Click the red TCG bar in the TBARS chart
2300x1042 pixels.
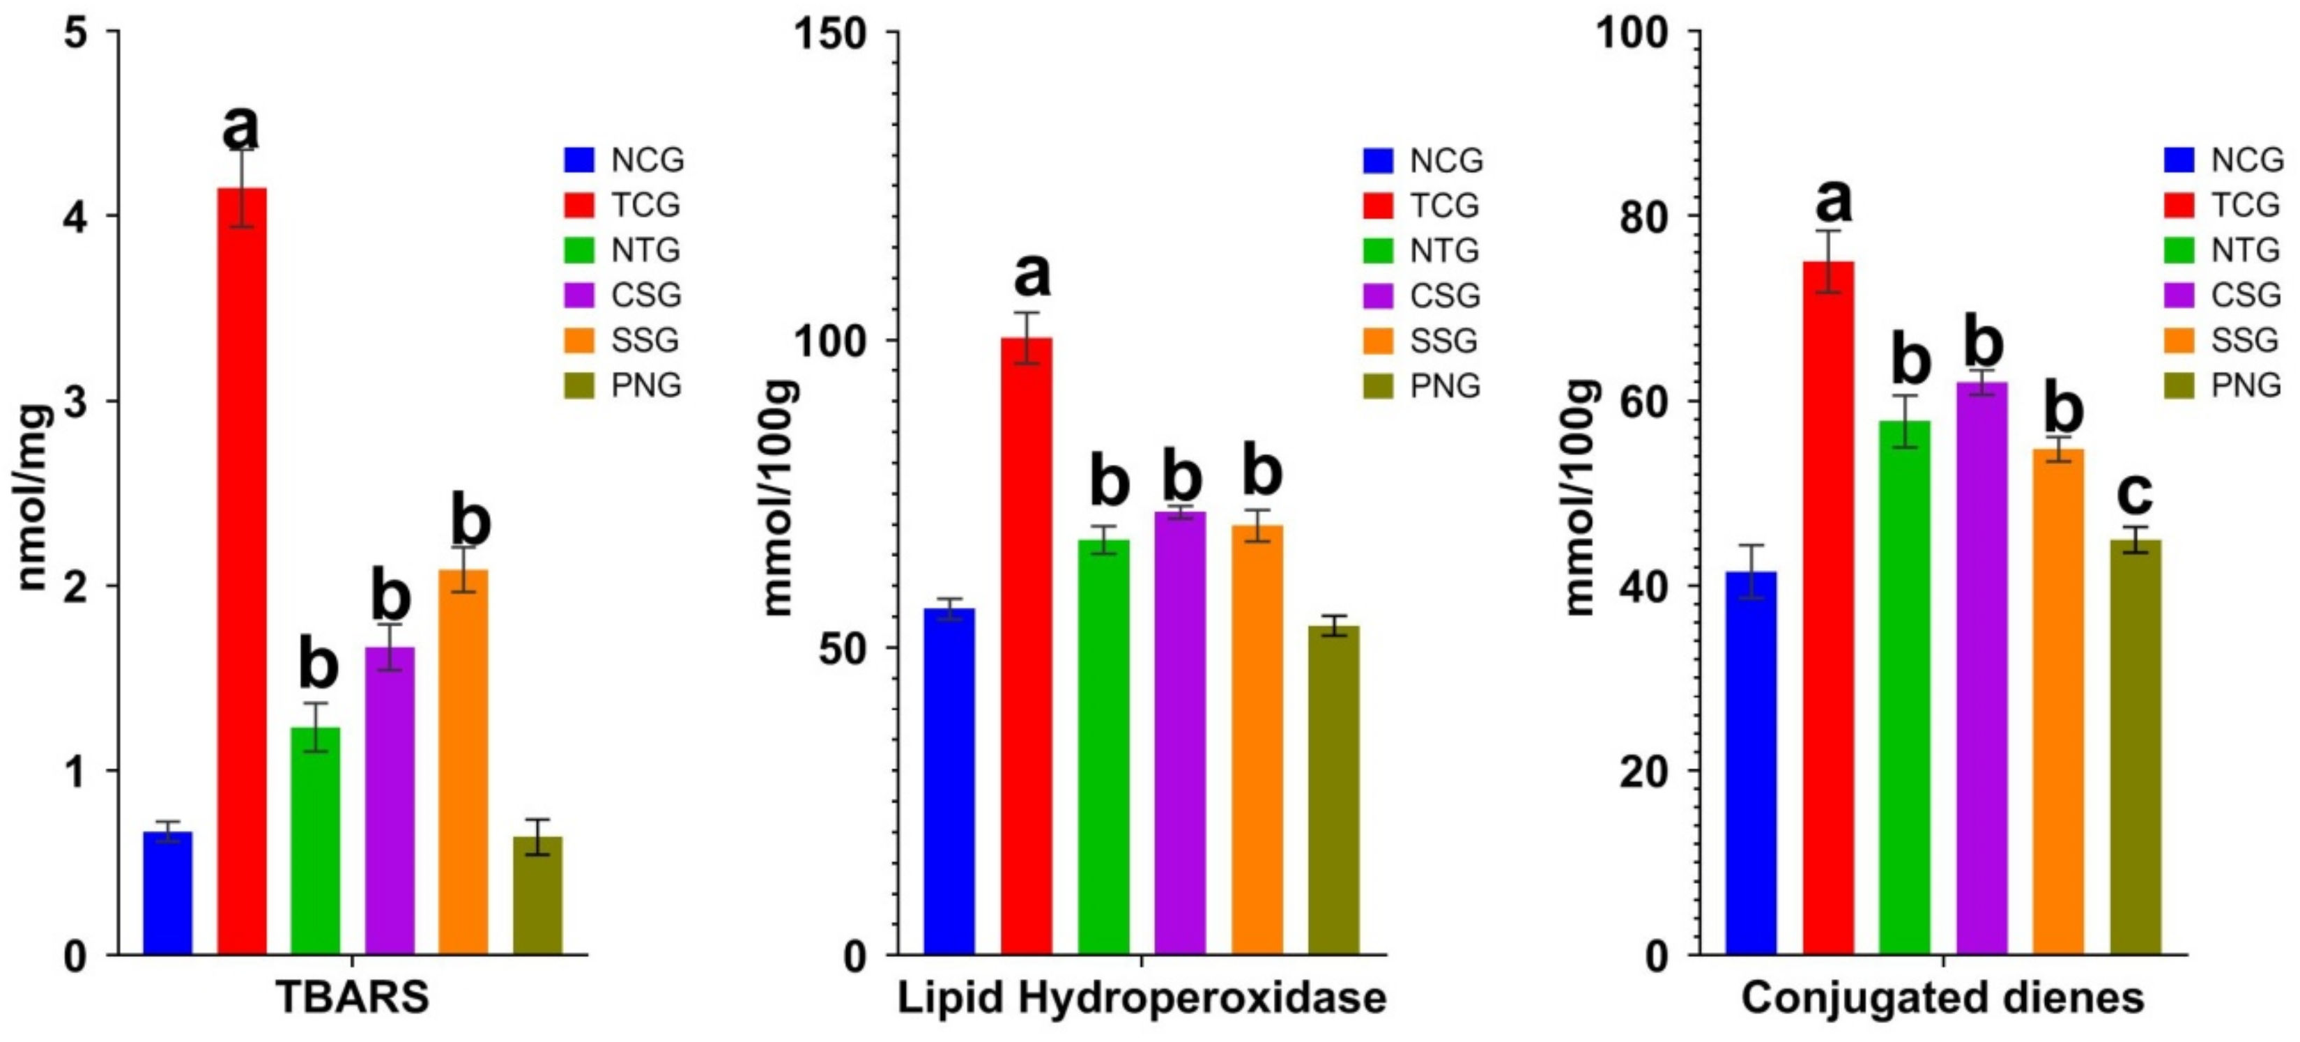(242, 572)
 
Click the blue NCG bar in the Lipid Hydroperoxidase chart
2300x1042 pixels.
(949, 781)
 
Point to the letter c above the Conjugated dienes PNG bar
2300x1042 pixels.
(2135, 493)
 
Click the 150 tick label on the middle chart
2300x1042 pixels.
(831, 34)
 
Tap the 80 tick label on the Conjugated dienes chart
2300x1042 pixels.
(1643, 217)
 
